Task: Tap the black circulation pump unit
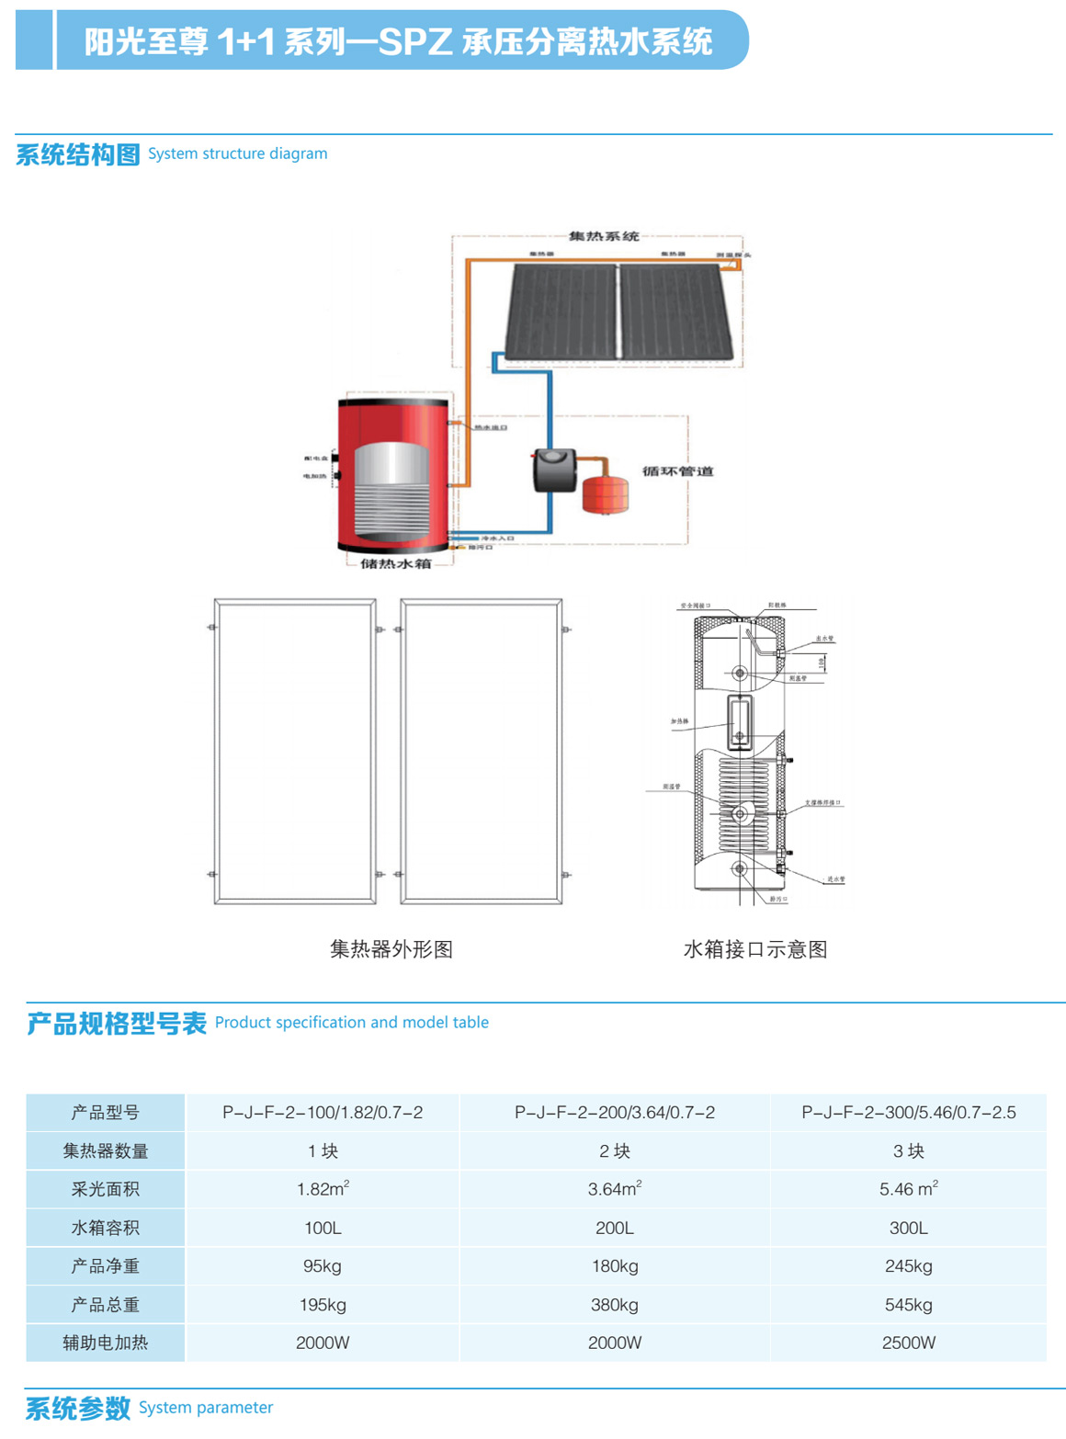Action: coord(554,469)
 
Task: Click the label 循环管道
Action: coord(678,471)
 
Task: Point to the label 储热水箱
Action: coord(395,563)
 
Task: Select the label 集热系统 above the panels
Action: coord(604,236)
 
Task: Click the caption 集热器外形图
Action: coord(391,949)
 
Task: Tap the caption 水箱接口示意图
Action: coord(755,949)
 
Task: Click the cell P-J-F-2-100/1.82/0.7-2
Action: coord(323,1113)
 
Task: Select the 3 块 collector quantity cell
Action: coord(908,1151)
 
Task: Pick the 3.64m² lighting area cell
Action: coord(615,1189)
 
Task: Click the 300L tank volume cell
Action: coord(908,1228)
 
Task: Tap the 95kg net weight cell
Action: coord(323,1266)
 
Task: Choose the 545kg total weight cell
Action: coord(908,1305)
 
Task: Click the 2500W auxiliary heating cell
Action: coord(908,1343)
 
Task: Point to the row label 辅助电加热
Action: coord(106,1343)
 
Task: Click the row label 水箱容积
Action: coord(106,1228)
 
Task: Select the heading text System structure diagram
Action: coord(237,153)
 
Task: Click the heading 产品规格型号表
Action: coord(117,1024)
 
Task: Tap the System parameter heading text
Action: coord(206,1408)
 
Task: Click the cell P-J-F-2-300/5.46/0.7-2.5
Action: coord(908,1113)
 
